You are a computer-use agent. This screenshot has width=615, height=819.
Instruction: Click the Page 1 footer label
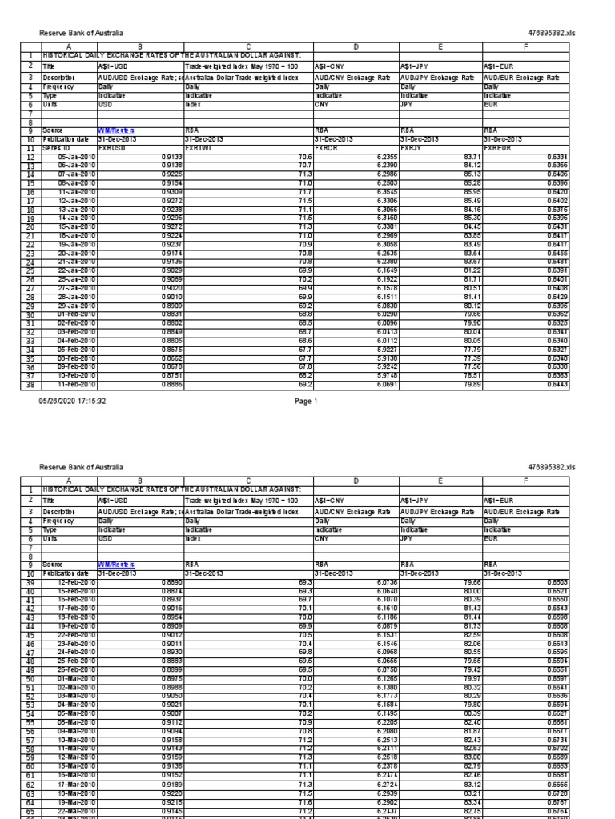[307, 401]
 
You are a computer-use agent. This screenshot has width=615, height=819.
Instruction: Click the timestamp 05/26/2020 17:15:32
[73, 401]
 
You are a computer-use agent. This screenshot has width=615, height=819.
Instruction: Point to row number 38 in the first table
[29, 384]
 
